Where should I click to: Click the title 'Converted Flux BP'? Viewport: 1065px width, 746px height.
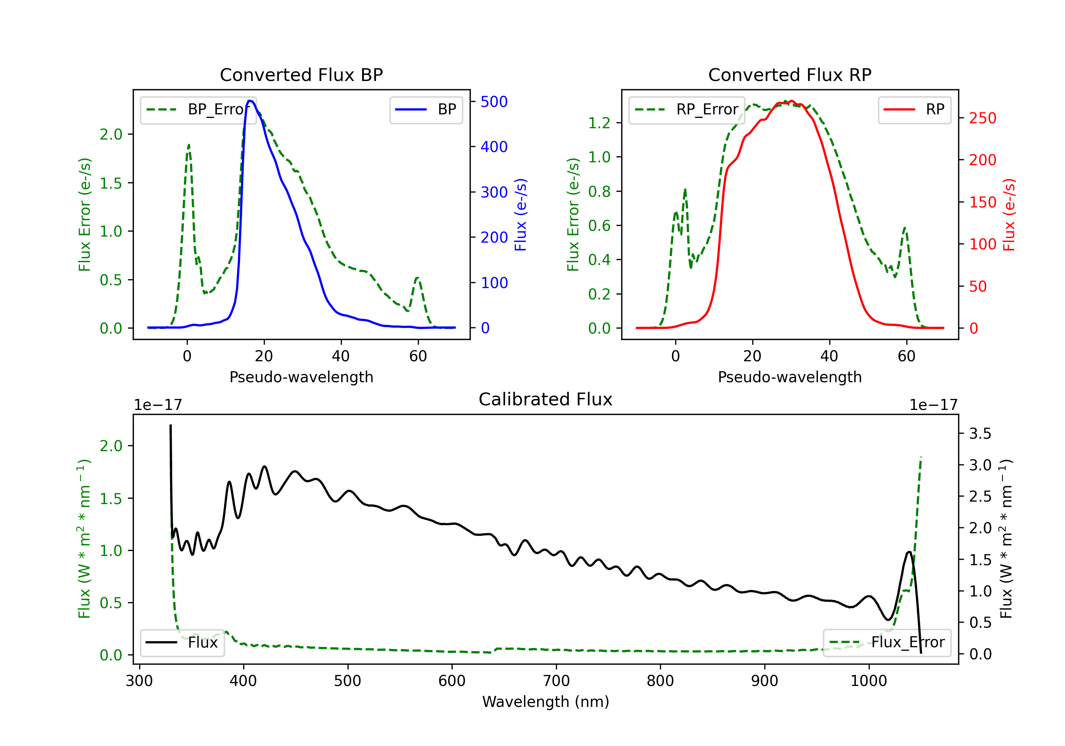point(301,75)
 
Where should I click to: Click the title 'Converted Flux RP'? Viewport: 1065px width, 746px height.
point(790,75)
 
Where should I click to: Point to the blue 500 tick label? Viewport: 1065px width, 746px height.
point(494,102)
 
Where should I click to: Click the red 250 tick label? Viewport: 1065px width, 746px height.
point(982,118)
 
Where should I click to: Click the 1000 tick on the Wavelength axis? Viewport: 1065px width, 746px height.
point(868,681)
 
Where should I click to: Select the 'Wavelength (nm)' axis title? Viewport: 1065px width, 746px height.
point(546,702)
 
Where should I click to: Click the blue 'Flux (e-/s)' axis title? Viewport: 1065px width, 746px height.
point(521,215)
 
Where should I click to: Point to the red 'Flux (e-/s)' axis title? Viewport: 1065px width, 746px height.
point(1009,215)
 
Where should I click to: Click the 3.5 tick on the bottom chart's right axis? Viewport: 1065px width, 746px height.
point(980,434)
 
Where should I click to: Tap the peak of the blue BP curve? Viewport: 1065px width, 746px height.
point(250,101)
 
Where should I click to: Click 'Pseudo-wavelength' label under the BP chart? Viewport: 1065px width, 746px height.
point(301,377)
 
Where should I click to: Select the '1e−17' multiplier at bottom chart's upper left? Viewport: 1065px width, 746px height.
point(158,405)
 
